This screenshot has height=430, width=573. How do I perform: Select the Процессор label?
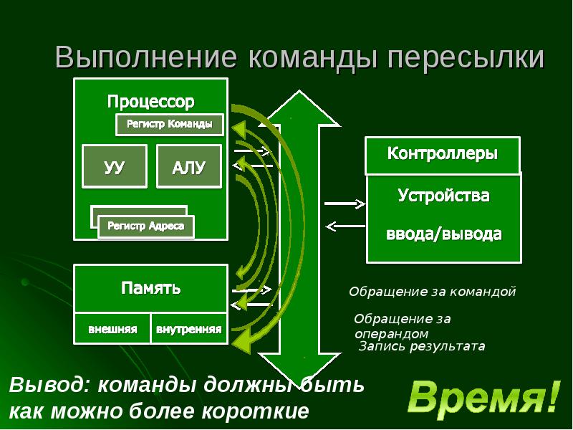click(150, 100)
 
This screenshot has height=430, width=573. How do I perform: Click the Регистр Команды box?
click(170, 124)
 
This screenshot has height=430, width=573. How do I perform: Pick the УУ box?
click(115, 167)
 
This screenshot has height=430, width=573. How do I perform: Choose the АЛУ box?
click(189, 167)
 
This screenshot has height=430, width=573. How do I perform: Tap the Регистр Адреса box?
click(146, 226)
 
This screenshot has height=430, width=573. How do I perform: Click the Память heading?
click(150, 289)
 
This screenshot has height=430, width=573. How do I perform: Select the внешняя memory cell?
click(112, 330)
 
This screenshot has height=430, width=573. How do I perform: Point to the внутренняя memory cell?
click(189, 330)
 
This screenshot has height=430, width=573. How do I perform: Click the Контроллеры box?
click(443, 154)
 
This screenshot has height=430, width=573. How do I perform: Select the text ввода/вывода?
click(444, 234)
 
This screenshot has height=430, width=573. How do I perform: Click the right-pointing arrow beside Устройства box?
click(345, 203)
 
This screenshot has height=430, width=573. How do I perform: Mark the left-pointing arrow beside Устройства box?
click(345, 226)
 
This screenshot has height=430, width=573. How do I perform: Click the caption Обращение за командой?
click(432, 292)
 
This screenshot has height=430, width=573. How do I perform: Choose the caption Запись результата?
click(422, 346)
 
